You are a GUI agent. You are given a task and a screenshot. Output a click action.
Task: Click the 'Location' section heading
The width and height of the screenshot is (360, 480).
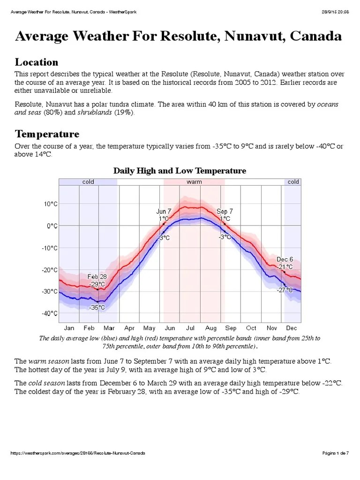click(37, 62)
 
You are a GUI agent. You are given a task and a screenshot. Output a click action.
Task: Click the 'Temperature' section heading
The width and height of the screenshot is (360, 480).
click(47, 135)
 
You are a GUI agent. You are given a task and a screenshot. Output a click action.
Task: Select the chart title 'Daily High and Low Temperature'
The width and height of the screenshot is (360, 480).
click(180, 171)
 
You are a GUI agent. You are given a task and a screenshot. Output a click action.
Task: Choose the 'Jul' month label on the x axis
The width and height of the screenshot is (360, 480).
click(190, 328)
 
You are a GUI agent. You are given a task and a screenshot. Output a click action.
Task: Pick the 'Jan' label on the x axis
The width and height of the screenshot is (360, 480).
click(68, 328)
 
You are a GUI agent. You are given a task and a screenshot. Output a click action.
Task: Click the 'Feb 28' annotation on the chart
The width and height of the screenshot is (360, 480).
click(97, 277)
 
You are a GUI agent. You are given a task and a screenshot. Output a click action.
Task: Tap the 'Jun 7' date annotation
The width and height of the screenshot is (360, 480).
click(164, 211)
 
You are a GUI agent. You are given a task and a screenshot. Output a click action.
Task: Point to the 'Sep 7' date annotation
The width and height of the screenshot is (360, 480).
click(225, 211)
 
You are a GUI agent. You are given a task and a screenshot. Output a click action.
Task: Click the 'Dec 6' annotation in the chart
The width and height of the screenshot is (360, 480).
click(285, 259)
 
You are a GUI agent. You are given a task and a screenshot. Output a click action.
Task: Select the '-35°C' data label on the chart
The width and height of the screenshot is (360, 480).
click(97, 307)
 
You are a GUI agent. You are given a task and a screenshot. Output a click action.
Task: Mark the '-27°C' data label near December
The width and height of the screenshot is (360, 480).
click(285, 290)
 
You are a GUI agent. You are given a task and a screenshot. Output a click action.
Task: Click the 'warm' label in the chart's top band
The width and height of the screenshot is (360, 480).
click(194, 182)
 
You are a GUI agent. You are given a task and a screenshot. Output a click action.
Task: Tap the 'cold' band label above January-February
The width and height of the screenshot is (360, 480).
click(88, 182)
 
